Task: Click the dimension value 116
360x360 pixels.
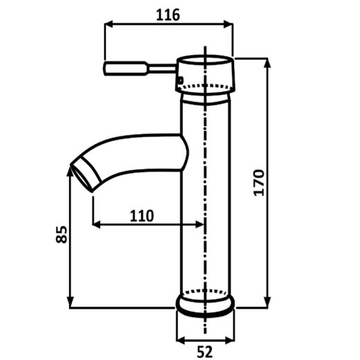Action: tap(168, 15)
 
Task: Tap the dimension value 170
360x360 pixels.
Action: tap(258, 183)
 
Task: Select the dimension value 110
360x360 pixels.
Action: tap(142, 216)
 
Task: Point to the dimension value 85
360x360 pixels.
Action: tap(62, 234)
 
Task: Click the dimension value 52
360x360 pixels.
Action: tap(205, 352)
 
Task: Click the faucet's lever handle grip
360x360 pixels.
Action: tap(125, 69)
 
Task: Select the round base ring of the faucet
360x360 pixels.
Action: tap(205, 306)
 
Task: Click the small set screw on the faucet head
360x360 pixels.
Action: tap(180, 80)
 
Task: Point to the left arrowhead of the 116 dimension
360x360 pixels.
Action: tap(109, 24)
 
